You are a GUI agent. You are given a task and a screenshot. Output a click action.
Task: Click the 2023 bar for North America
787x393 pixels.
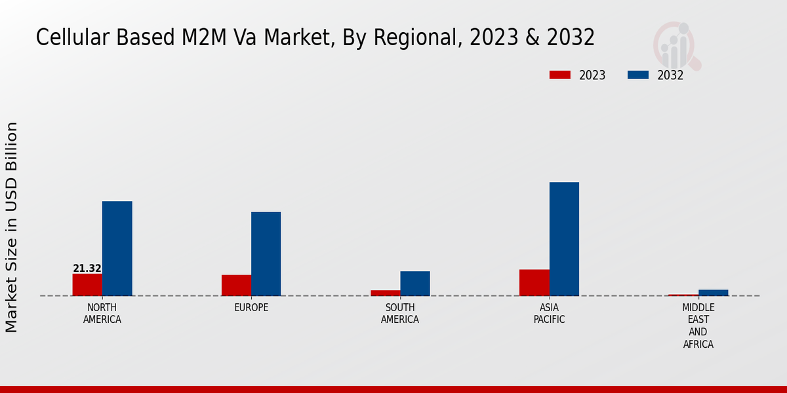87,285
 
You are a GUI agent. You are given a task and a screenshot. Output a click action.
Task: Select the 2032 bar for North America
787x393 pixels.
117,249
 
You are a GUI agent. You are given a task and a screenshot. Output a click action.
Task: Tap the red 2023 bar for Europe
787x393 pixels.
236,286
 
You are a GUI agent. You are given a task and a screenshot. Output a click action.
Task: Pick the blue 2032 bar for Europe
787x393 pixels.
266,254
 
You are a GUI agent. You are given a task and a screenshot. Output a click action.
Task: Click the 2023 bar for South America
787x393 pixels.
385,293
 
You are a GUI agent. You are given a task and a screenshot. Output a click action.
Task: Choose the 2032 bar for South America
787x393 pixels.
415,284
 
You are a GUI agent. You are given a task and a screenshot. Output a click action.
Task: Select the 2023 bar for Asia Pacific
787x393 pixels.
534,283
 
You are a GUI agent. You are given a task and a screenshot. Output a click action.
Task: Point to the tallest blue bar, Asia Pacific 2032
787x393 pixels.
564,239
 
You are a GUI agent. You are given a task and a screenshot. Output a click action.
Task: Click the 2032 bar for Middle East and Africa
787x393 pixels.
713,293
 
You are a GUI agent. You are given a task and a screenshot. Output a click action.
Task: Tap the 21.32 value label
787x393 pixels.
87,269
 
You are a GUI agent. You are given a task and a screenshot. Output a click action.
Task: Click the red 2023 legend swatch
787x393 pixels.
559,75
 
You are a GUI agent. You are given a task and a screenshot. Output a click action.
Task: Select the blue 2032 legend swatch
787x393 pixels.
637,75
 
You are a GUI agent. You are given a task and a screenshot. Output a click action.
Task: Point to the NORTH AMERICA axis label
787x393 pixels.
102,314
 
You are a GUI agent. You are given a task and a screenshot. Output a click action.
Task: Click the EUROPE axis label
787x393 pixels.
251,308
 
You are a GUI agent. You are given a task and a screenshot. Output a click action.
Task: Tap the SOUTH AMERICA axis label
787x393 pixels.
400,314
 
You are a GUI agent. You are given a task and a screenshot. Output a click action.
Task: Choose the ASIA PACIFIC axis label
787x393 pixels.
549,314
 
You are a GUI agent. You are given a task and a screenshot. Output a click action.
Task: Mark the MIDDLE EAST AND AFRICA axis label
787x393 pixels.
698,326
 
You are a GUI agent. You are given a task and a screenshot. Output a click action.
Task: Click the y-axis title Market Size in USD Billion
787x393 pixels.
12,227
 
